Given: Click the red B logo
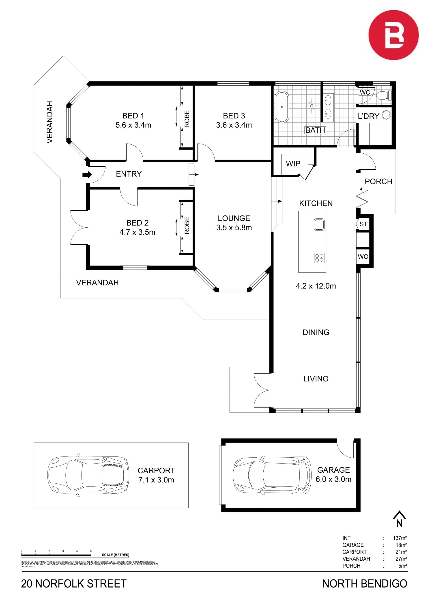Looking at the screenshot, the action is [393, 35].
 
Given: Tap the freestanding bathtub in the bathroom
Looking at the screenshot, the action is [282, 107].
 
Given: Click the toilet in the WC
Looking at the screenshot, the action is [384, 95].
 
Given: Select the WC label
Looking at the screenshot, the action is [365, 93].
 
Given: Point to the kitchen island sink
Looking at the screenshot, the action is [319, 224].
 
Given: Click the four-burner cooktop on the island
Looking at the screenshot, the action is [319, 258].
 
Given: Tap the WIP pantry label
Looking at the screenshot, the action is [293, 164].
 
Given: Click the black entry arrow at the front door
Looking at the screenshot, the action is [87, 174].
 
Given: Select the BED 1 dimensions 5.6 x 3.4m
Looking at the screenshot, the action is [133, 125].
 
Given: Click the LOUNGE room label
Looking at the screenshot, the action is [234, 218].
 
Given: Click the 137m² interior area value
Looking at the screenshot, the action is [400, 538].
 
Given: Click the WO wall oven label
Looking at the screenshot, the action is [363, 256].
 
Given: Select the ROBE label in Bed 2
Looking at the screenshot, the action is [187, 226].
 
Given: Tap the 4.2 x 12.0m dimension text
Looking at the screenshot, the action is [316, 286].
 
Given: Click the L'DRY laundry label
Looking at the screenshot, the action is [369, 116].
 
